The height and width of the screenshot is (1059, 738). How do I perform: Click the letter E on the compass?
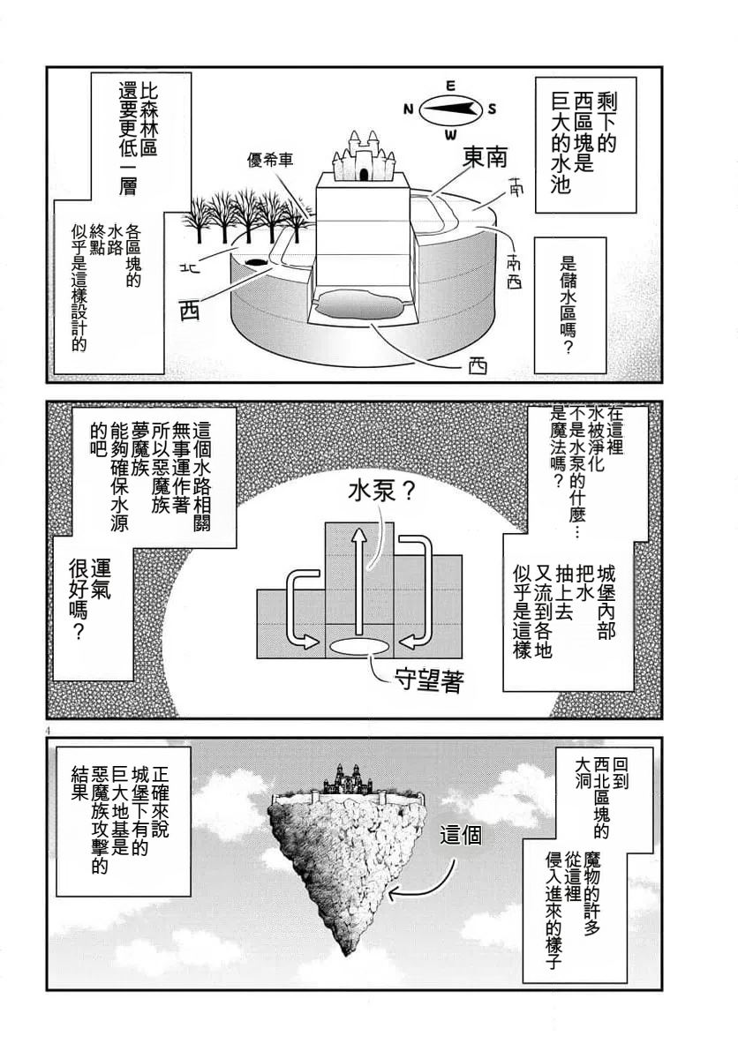tap(449, 86)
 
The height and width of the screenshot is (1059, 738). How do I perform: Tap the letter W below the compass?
tap(450, 134)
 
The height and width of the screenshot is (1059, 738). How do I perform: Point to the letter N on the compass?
tap(408, 109)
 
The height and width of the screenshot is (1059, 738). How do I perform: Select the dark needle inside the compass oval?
tap(451, 109)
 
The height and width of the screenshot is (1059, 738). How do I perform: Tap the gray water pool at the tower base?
tap(358, 305)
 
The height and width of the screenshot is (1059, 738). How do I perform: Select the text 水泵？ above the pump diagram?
tap(372, 492)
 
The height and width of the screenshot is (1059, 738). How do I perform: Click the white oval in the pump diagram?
tap(358, 646)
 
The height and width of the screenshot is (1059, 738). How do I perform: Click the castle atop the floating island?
tap(347, 778)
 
